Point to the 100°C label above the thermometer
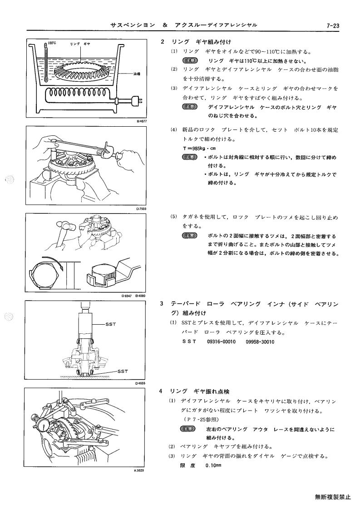click(52, 43)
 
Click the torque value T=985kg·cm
click(199, 149)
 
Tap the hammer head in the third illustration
click(62, 224)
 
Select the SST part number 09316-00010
click(222, 342)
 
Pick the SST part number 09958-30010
click(260, 342)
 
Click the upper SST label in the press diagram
click(111, 324)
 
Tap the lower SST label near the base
click(123, 371)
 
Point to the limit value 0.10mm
click(213, 465)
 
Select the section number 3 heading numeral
click(161, 304)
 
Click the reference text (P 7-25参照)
click(202, 419)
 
